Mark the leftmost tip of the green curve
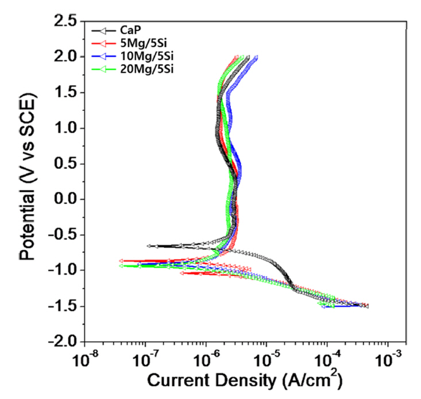(x=121, y=265)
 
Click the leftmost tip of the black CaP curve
(x=149, y=246)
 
